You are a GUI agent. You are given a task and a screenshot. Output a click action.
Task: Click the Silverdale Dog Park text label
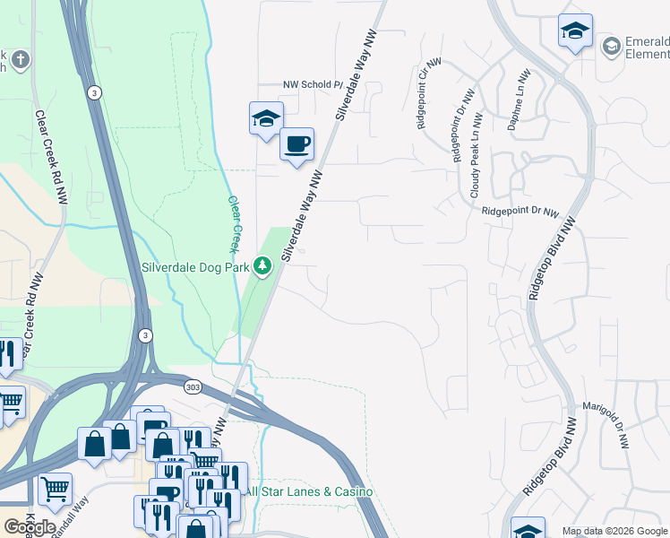195,267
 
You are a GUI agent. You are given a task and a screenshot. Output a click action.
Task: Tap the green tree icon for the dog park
262,266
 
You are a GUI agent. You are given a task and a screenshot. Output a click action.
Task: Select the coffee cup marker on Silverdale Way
296,143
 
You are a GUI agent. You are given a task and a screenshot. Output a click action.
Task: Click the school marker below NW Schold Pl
265,118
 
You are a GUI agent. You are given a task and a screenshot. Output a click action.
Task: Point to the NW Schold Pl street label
314,84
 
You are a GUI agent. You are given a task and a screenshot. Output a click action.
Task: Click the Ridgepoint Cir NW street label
423,95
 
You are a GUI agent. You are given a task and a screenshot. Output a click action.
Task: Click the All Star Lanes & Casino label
309,491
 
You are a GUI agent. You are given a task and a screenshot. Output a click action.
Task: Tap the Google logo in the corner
30,527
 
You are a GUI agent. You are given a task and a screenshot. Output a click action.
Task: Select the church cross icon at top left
21,60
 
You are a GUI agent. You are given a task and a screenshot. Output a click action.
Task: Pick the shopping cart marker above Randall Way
56,489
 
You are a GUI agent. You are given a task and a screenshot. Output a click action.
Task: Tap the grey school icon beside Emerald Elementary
612,45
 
